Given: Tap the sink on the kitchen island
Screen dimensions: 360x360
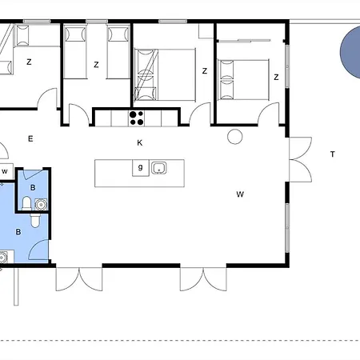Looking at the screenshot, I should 159,168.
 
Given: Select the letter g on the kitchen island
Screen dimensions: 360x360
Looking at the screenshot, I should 141,167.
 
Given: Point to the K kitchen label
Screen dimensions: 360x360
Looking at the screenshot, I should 139,142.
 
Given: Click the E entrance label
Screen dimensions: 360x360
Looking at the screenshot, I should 30,139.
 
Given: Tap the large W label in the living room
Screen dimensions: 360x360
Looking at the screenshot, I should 240,194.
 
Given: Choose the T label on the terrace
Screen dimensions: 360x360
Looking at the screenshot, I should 332,154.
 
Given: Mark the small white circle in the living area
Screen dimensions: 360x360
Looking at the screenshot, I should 235,136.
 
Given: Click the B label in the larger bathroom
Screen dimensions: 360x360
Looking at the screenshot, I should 18,232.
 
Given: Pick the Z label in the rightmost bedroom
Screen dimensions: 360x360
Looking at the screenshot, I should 275,78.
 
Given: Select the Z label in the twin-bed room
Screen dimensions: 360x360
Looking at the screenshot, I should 95,65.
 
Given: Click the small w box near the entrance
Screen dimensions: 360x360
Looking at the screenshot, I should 5,171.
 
